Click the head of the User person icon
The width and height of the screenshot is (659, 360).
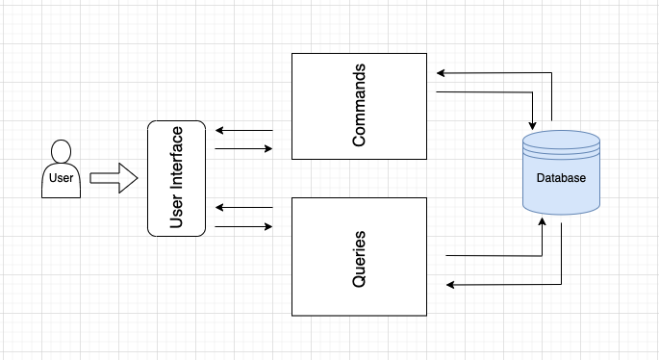pos(62,151)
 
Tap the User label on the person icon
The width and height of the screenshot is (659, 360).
pos(60,178)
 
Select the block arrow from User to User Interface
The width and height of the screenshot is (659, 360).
pos(114,178)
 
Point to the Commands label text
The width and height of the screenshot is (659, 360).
pos(359,106)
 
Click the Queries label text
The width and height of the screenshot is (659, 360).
pos(359,256)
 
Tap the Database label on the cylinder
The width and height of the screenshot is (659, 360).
pos(561,178)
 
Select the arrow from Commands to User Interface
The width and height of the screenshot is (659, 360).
pos(244,130)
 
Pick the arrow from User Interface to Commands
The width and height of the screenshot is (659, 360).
pos(244,149)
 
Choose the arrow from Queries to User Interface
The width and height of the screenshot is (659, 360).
pos(244,207)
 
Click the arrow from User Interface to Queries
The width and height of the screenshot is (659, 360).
pos(244,227)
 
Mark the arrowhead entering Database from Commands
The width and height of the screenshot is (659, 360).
pos(532,126)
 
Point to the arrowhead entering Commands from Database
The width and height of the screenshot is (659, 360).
pos(440,72)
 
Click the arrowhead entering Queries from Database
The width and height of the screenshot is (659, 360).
pos(450,285)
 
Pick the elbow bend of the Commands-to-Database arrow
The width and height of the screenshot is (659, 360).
pos(532,92)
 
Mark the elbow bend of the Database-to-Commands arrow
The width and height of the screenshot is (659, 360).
pos(552,72)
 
